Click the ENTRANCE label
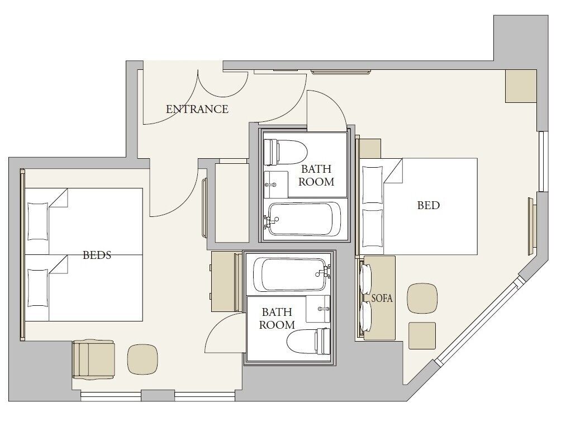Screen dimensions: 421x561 point(197,109)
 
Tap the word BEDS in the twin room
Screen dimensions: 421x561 point(97,256)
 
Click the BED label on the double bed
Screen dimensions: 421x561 point(429,205)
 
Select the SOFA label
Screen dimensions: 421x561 point(382,299)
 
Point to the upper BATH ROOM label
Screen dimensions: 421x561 point(316,175)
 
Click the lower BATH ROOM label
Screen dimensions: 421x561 point(277,318)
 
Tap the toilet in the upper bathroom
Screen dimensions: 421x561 point(285,152)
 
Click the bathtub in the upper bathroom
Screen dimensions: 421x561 point(305,219)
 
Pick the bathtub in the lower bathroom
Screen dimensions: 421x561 point(289,274)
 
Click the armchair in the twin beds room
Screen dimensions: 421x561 point(93,359)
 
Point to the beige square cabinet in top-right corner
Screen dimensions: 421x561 point(521,86)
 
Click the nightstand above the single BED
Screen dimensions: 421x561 point(370,148)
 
